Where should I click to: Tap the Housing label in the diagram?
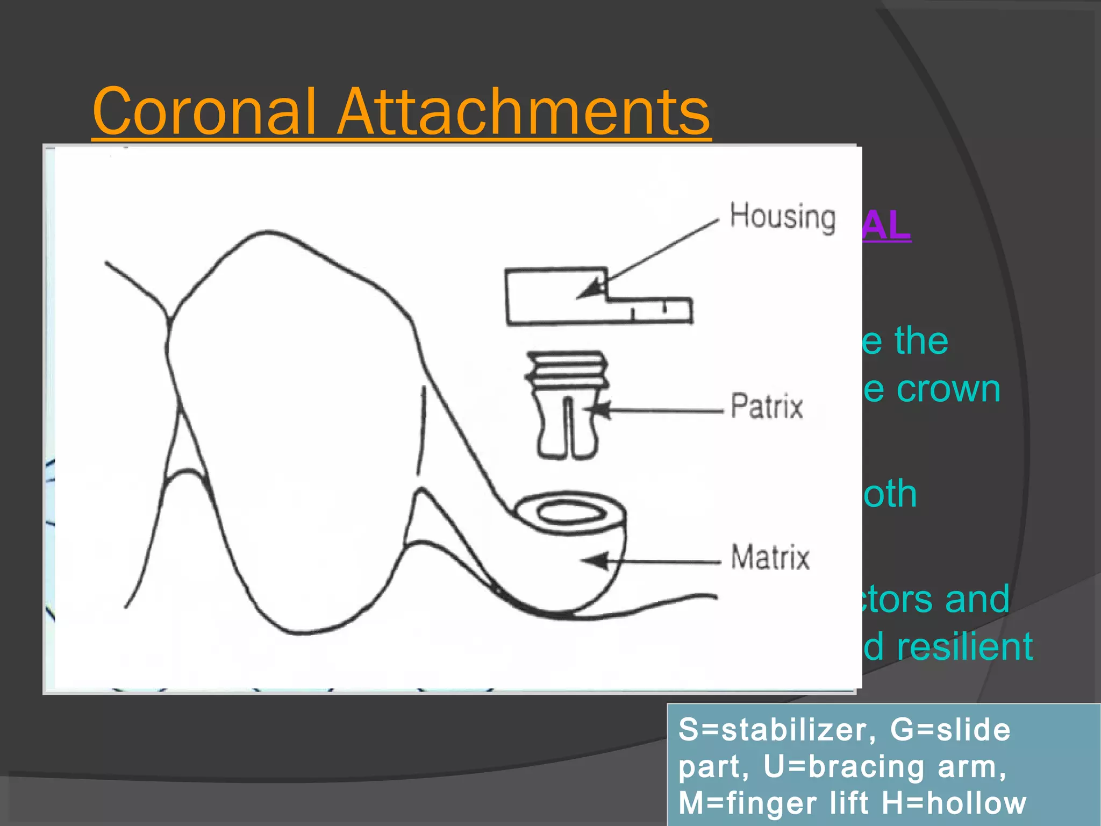pos(782,217)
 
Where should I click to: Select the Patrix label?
pos(767,406)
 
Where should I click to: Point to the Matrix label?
pos(770,557)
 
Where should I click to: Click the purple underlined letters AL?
pos(886,226)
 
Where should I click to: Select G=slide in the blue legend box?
pos(950,730)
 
